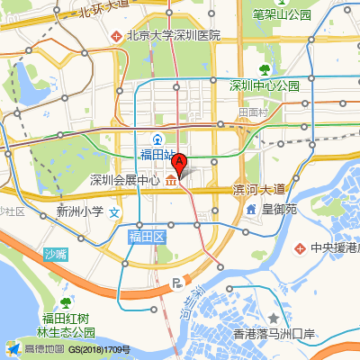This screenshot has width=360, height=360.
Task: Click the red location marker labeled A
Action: pos(179,164)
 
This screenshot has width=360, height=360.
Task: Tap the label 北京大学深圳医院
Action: pos(174,36)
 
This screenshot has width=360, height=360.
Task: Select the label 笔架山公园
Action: pos(282,14)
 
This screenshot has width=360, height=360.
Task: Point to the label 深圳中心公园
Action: pos(264,85)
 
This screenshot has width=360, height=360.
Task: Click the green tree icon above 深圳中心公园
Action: pos(265,69)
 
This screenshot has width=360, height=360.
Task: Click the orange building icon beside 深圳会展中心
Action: pos(169,181)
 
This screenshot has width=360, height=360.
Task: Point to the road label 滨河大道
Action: pos(258,189)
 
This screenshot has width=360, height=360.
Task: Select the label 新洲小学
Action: pos(80,212)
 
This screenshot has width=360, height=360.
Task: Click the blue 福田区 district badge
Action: pos(147,237)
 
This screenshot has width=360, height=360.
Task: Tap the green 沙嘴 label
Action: pos(56,255)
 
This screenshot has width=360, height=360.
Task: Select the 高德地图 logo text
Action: pos(44,349)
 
